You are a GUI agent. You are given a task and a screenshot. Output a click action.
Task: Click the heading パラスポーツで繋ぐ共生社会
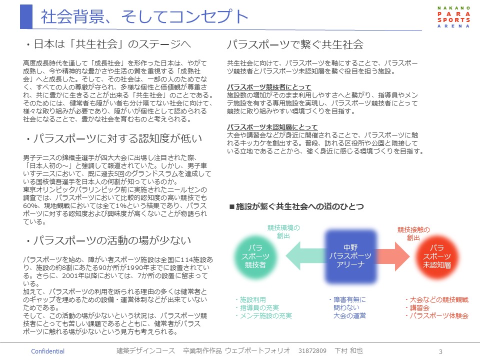(295, 44)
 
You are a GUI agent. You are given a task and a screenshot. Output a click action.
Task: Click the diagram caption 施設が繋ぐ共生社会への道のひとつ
(296, 205)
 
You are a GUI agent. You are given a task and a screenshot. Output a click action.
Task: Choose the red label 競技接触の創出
(413, 234)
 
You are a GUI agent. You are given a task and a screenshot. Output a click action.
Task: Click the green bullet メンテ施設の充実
(263, 315)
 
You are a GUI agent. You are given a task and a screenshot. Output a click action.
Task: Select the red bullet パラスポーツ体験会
(436, 315)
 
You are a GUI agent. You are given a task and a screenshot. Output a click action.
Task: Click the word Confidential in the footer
(48, 351)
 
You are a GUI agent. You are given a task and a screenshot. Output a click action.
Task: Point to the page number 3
(440, 351)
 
